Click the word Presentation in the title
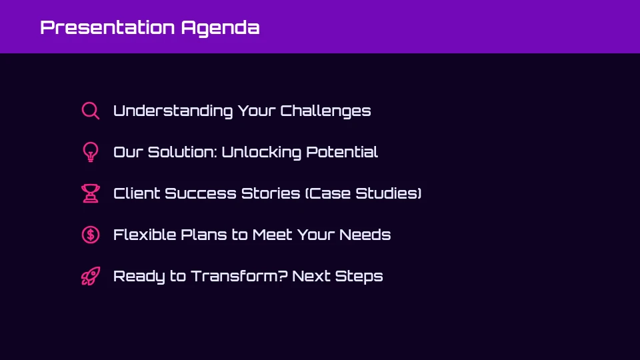click(107, 27)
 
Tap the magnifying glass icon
click(90, 111)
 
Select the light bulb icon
click(90, 152)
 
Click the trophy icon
click(90, 193)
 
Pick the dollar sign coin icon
click(90, 235)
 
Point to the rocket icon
click(90, 276)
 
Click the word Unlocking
click(261, 152)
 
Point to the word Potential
click(341, 152)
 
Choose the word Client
click(136, 193)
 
